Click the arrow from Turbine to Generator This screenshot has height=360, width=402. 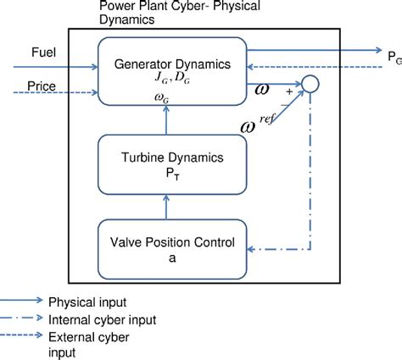170,123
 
